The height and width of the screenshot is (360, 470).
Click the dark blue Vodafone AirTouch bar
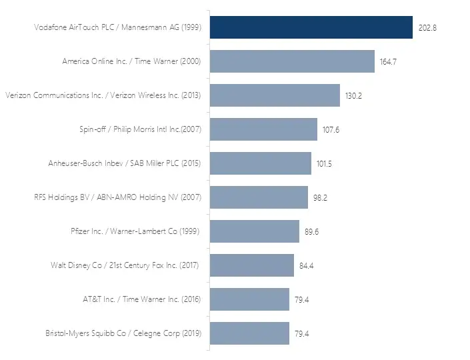point(311,27)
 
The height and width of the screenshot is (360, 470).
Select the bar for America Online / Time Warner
point(292,61)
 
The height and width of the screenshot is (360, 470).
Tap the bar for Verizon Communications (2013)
point(275,95)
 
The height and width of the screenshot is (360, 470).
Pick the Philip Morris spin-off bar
point(263,129)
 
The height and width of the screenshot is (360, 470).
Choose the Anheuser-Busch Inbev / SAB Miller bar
point(261,163)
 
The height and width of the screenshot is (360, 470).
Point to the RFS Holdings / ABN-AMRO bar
point(259,197)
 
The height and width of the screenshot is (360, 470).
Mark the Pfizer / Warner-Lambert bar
point(255,231)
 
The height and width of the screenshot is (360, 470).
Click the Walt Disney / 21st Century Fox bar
point(252,265)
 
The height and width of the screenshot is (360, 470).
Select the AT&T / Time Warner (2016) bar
point(249,299)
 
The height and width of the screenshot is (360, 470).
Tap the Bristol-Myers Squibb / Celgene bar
point(249,333)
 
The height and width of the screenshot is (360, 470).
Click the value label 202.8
point(427,28)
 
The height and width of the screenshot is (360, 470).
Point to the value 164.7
point(389,62)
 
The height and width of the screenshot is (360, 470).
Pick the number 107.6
point(331,130)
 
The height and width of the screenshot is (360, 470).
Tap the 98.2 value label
point(322,198)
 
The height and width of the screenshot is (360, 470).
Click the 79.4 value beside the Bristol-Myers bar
point(302,334)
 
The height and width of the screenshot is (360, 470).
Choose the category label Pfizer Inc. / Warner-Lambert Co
point(135,231)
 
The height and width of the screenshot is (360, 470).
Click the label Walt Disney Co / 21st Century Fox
point(125,265)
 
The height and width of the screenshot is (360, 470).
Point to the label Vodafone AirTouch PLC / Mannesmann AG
point(117,27)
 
